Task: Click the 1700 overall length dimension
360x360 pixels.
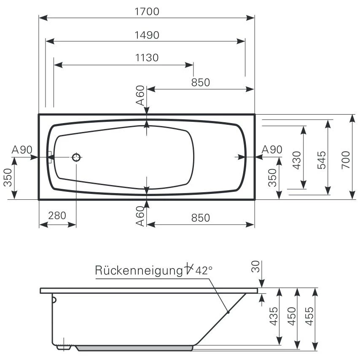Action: (147, 11)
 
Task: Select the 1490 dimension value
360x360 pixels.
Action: (147, 35)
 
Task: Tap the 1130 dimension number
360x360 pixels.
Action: (147, 58)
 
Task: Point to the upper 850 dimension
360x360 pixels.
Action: (200, 82)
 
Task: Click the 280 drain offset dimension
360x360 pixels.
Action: (57, 215)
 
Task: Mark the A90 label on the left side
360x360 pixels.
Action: (22, 150)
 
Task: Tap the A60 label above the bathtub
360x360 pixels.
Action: (140, 97)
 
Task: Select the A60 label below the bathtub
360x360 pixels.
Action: (140, 217)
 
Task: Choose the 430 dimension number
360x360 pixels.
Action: (297, 160)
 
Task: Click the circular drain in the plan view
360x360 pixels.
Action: (76, 158)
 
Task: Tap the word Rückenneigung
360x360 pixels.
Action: (137, 270)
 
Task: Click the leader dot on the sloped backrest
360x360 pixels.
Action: (228, 312)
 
